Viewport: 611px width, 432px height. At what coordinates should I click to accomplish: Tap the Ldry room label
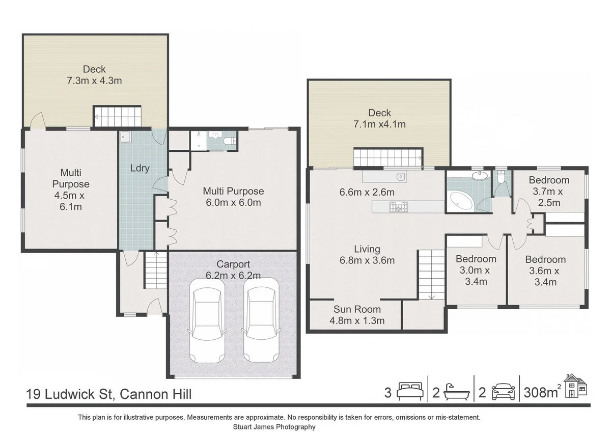click(140, 168)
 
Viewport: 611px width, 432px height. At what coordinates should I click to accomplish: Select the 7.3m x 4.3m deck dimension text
click(95, 80)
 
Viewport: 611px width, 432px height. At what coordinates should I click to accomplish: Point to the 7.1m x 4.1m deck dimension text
click(380, 124)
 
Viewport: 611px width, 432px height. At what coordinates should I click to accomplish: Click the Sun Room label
click(357, 309)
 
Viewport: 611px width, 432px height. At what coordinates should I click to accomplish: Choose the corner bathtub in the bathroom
click(461, 202)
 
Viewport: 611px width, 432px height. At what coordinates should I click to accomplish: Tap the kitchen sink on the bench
click(401, 177)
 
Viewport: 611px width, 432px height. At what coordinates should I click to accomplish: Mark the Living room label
click(367, 249)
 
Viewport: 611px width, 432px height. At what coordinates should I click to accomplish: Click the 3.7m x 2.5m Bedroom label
click(548, 191)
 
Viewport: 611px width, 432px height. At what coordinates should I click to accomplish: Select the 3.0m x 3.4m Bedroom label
click(476, 270)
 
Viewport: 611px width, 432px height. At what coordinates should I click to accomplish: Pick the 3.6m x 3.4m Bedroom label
click(545, 271)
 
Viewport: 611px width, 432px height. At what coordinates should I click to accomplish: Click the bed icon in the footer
click(410, 393)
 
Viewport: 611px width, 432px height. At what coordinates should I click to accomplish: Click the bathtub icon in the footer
click(456, 393)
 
